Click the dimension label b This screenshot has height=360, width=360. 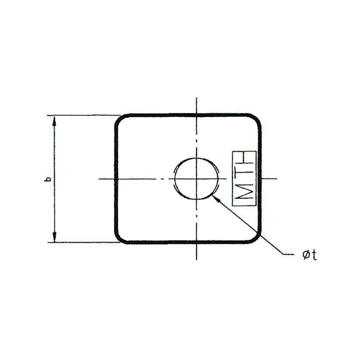pos(48,179)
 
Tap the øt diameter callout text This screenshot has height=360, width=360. pos(310,255)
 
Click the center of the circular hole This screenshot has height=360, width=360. pos(196,178)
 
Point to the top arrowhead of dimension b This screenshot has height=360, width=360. pos(54,121)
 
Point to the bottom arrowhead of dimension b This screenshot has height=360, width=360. pos(54,237)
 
